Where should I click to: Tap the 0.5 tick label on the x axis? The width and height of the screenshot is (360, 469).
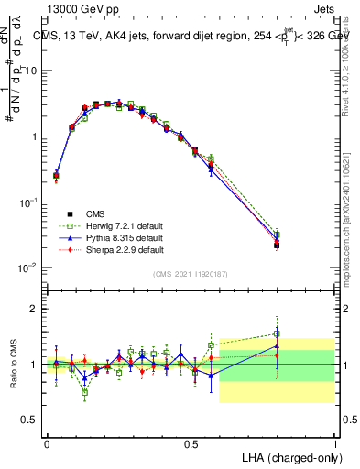191,443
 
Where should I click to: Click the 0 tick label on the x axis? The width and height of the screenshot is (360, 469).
47,443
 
